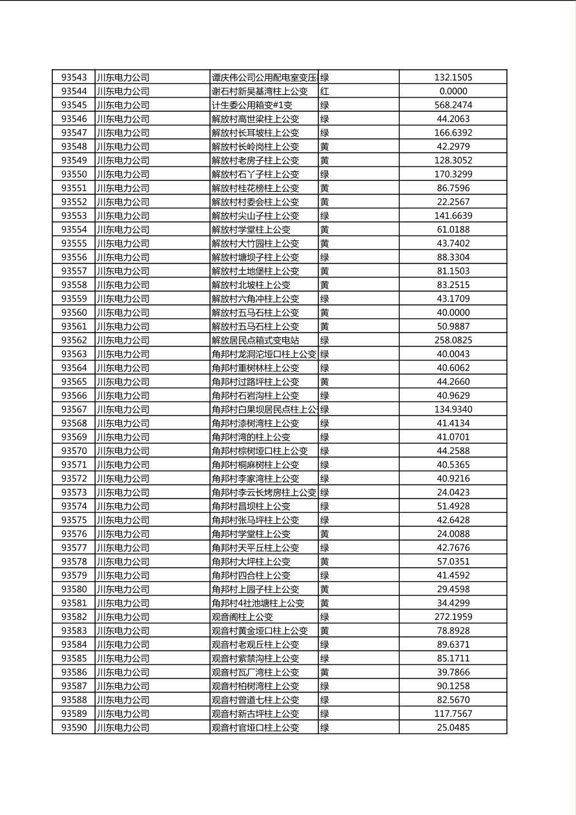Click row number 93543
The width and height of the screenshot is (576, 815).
(74, 77)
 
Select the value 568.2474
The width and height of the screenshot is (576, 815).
(453, 105)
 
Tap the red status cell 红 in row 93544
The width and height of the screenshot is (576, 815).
(325, 92)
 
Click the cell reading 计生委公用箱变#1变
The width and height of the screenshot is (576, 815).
(252, 105)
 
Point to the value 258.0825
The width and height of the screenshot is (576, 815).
(453, 340)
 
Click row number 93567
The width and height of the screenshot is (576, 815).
(74, 409)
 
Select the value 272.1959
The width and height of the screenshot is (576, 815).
(453, 617)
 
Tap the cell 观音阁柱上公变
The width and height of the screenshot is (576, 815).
(242, 617)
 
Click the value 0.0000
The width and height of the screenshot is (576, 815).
(453, 92)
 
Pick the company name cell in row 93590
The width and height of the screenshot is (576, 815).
(123, 728)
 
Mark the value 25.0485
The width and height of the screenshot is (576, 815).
(453, 728)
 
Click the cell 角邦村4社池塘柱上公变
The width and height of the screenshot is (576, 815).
(258, 603)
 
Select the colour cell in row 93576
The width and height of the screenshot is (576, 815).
(325, 534)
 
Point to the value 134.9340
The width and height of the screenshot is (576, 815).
(453, 409)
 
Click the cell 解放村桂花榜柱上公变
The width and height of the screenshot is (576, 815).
(255, 189)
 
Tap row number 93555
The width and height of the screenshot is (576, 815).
(74, 243)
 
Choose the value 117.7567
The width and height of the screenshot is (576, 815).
(453, 714)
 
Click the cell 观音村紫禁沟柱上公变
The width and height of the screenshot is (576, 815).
(255, 659)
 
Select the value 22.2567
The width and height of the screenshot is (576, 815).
(453, 202)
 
